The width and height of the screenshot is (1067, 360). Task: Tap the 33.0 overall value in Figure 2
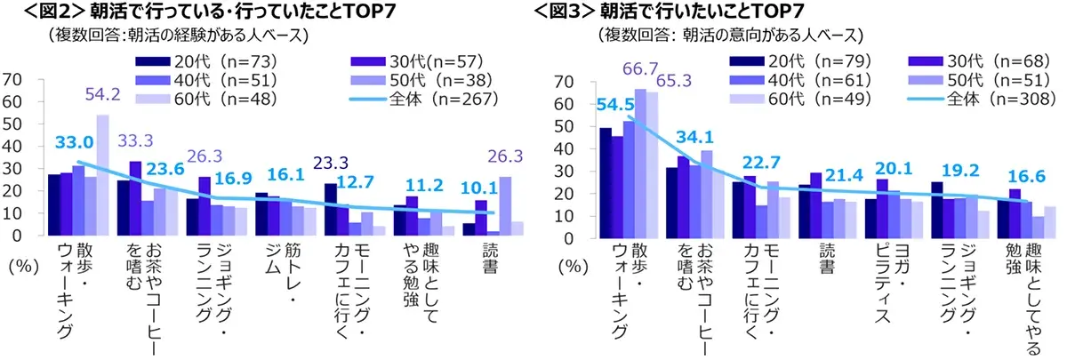coord(75,142)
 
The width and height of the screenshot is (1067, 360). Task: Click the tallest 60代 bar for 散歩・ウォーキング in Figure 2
coord(102,175)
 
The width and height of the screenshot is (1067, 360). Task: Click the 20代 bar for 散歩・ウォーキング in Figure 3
coord(606,184)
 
